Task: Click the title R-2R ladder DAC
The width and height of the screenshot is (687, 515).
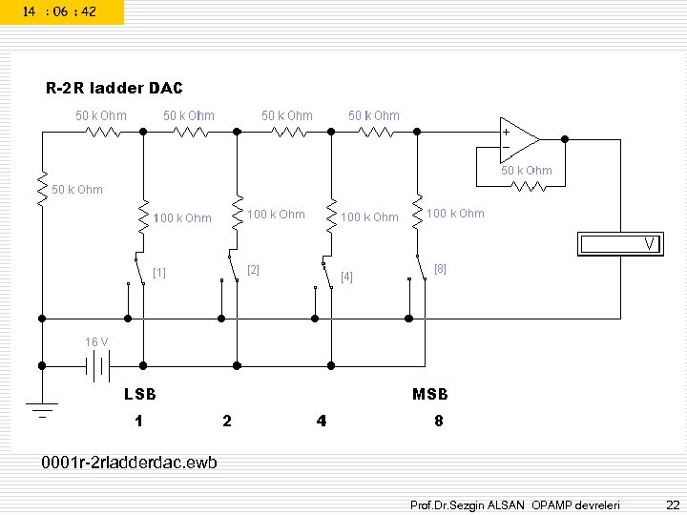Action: click(x=114, y=89)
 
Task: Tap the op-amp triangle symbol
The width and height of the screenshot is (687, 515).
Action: click(x=520, y=139)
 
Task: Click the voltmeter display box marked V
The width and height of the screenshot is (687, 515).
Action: click(x=620, y=244)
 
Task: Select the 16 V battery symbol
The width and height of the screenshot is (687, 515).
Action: click(x=95, y=365)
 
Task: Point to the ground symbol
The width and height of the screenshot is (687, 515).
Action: click(x=41, y=405)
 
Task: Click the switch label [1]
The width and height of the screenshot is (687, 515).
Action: click(x=159, y=273)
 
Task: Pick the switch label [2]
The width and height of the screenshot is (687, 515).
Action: click(x=253, y=270)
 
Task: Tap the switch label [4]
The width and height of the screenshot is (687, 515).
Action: click(x=346, y=278)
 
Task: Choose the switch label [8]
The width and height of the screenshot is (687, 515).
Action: click(x=440, y=269)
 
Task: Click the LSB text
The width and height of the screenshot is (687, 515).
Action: click(x=140, y=394)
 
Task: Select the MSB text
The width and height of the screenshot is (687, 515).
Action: click(x=429, y=394)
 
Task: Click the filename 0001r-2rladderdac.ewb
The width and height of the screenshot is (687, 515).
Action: click(x=129, y=463)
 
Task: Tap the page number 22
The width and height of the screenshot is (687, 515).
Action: click(x=672, y=503)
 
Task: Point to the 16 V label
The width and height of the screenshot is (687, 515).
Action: click(x=96, y=341)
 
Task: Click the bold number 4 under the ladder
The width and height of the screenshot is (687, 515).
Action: click(x=323, y=421)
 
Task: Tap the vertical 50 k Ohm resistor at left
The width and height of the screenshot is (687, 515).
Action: click(x=41, y=188)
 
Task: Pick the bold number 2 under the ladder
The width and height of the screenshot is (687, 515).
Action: click(x=226, y=421)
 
